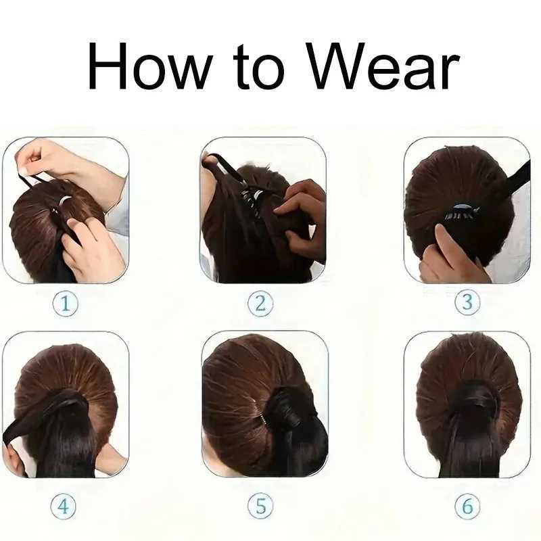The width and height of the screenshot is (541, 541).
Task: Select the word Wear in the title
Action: pos(383,66)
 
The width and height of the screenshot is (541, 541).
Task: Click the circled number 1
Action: pos(65,304)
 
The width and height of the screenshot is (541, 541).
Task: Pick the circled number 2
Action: pos(260,303)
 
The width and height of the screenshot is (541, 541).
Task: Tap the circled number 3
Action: pos(467,302)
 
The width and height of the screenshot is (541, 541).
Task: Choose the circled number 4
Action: pos(64,507)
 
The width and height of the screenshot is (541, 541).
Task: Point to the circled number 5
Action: pos(260,506)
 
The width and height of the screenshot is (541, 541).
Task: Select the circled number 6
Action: pos(467,506)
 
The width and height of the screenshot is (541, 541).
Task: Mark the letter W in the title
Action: pos(335,66)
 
